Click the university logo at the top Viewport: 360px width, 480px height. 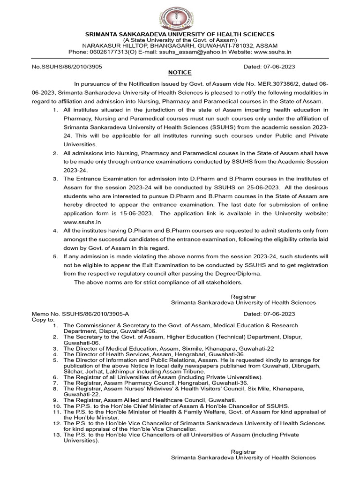click(180, 15)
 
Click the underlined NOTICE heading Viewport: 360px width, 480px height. click(180, 73)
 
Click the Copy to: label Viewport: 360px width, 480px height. click(43, 319)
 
